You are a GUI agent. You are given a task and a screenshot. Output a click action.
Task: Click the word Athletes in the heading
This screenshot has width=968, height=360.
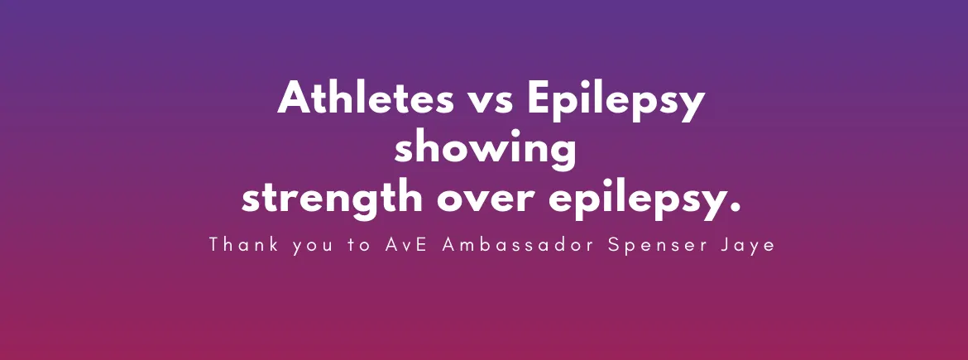(366, 98)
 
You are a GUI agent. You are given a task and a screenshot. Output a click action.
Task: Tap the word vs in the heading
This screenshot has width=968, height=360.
(490, 103)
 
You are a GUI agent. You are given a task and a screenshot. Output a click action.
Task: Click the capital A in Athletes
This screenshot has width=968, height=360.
(293, 98)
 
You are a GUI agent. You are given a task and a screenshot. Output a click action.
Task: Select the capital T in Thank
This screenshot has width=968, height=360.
(214, 244)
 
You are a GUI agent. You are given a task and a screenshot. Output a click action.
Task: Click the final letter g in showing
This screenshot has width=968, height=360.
(563, 157)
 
